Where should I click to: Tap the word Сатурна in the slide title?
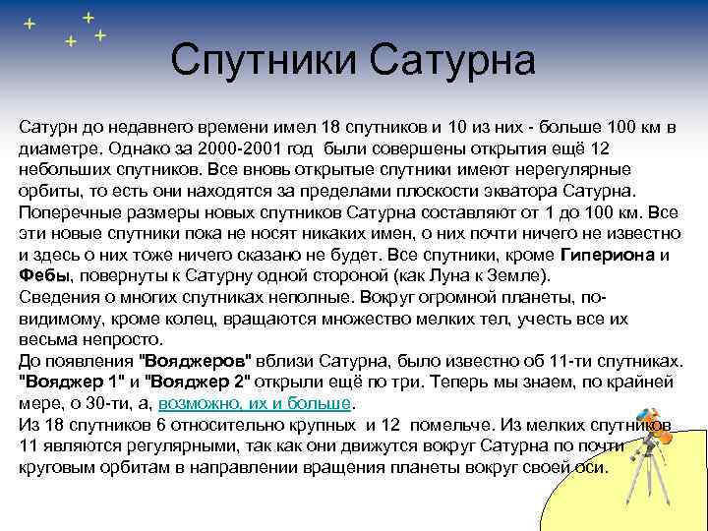pos(453,61)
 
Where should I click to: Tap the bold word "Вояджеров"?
pos(202,361)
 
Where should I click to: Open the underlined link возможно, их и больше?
pos(255,403)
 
